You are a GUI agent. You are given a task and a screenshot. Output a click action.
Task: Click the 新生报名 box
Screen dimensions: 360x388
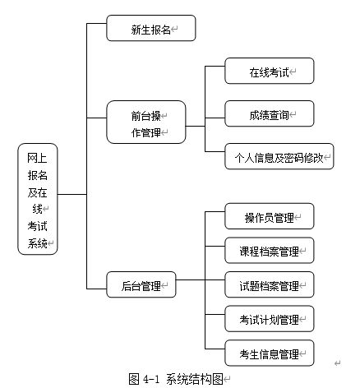[151, 28]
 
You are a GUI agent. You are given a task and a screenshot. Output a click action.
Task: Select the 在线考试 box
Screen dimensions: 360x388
[270, 71]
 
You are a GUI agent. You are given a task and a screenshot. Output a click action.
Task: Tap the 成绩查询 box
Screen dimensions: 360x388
[270, 113]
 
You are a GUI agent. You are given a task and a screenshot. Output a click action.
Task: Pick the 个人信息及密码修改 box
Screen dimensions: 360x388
[279, 156]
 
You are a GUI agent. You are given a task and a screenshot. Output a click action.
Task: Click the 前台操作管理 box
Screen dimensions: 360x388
[146, 122]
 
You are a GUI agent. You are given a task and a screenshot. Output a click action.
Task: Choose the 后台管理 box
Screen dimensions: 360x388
[141, 284]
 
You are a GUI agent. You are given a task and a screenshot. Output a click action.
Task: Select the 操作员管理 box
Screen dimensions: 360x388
[270, 216]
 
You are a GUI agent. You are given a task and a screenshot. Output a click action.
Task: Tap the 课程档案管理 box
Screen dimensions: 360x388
[270, 250]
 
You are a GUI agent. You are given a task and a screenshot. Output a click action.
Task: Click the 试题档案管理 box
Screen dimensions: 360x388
[270, 284]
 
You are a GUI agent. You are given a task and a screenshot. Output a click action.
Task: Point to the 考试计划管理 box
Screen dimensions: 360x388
[270, 319]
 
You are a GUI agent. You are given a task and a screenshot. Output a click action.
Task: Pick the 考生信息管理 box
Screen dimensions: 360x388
[270, 353]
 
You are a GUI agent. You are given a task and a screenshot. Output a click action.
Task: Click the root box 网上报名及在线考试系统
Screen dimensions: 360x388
[38, 199]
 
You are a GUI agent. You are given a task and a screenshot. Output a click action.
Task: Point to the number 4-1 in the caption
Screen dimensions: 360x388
[151, 379]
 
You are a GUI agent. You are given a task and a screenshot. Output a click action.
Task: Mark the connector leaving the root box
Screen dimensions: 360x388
[72, 195]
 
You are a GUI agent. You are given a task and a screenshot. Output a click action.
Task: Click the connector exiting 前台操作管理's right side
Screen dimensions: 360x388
[196, 127]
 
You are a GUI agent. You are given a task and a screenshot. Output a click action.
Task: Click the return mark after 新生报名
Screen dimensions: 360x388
[174, 29]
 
